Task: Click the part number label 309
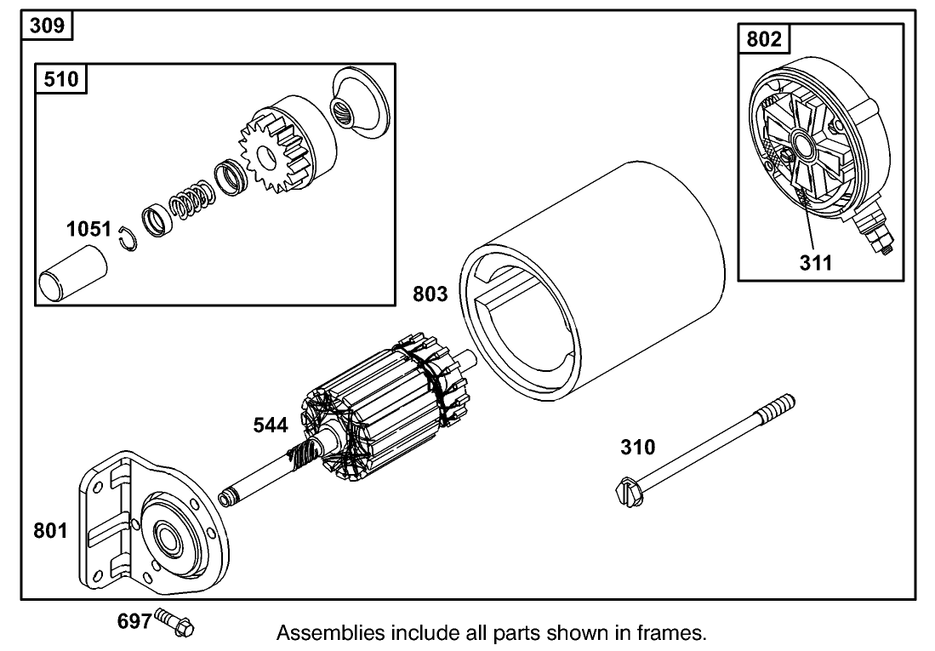pos(46,26)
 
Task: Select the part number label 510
pos(60,80)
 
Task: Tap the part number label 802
pos(761,39)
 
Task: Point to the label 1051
pos(89,229)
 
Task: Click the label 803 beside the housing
pos(430,294)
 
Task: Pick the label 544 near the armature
pos(271,425)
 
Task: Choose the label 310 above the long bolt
pos(638,447)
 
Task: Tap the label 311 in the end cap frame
pos(816,262)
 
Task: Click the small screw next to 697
pos(176,625)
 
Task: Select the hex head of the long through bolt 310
pos(627,492)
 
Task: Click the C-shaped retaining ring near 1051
pos(127,241)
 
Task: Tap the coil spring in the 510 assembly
pos(190,207)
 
